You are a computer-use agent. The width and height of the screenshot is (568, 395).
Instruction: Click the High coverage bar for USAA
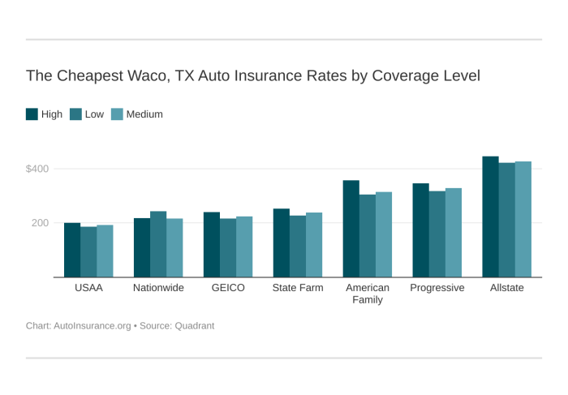point(72,250)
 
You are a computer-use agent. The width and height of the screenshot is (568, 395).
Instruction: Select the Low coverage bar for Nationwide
point(158,244)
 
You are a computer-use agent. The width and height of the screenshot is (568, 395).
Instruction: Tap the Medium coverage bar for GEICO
point(244,247)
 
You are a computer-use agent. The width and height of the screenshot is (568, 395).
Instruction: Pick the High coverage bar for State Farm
point(281,243)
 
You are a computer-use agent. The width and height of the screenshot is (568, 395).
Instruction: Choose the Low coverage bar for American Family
point(368,236)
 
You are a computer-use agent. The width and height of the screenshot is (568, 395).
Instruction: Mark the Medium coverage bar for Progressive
point(454,233)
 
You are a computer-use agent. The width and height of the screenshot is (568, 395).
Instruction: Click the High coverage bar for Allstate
point(490,217)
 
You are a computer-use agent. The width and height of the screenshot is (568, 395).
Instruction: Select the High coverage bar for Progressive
point(420,230)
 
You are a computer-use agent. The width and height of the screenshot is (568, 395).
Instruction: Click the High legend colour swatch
point(32,114)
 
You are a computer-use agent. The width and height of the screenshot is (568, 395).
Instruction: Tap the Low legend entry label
point(94,114)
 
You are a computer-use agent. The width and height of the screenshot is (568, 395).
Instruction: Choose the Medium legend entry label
point(144,114)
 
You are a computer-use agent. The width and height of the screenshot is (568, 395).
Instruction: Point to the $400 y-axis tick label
point(37,169)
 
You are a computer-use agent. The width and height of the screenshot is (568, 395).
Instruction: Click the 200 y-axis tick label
point(41,223)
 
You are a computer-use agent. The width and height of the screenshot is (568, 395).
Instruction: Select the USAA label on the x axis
point(88,288)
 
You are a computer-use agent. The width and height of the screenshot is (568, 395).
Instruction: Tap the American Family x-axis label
point(368,294)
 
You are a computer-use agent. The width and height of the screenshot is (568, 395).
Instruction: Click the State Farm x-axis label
point(298,288)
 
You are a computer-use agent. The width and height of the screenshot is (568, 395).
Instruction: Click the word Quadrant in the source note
point(192,326)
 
